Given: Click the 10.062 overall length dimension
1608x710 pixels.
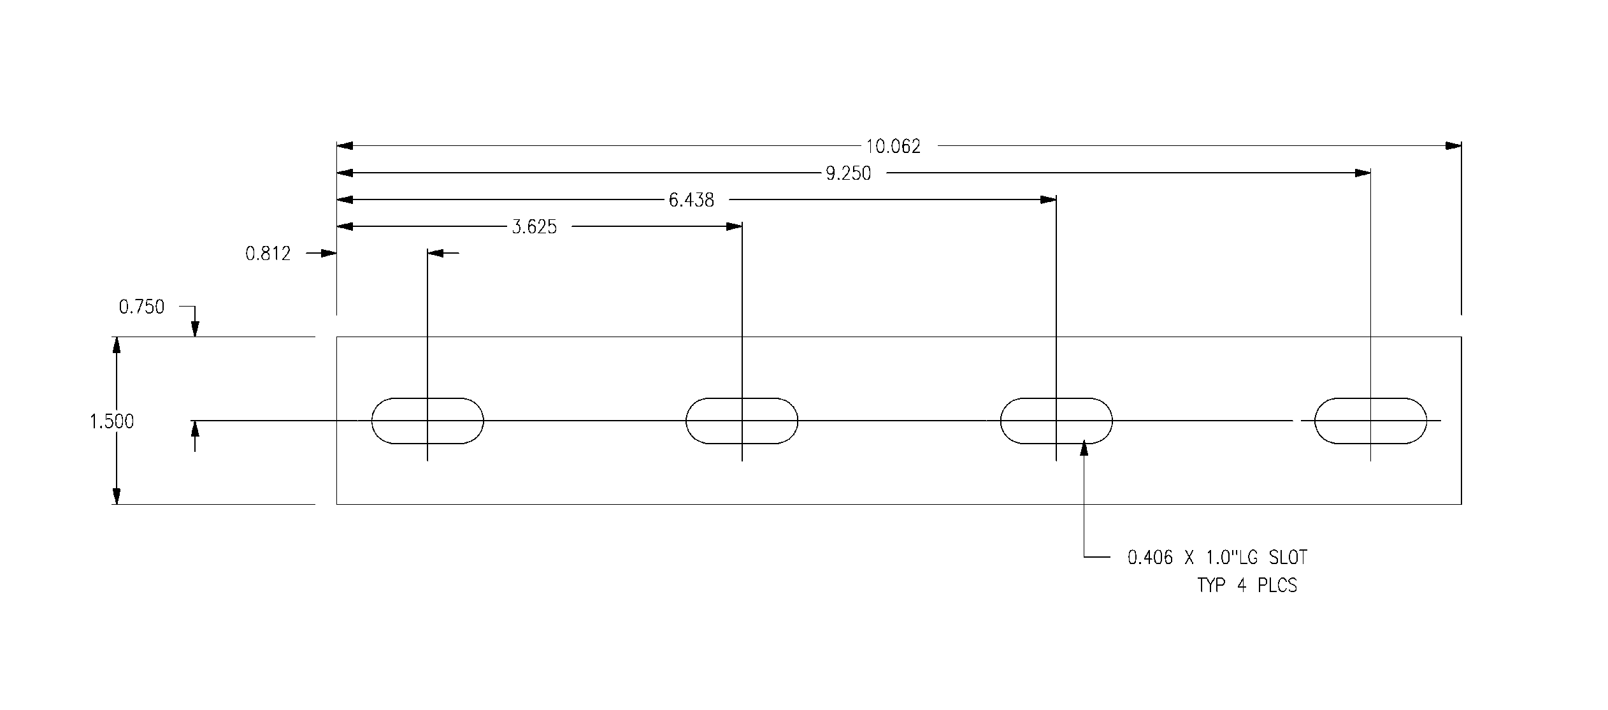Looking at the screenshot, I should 893,147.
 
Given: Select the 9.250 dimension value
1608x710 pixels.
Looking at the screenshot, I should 848,173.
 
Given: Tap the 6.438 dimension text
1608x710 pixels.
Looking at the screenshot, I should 691,200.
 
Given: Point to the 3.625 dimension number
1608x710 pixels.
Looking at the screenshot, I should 534,227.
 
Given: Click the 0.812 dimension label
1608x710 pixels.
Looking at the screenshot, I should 268,254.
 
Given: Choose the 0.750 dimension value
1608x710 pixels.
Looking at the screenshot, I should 141,307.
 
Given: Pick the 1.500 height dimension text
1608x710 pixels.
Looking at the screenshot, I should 111,421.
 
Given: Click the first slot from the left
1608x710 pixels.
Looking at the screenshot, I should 427,421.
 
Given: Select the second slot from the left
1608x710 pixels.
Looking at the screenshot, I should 742,421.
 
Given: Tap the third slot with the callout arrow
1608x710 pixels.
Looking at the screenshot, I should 1056,421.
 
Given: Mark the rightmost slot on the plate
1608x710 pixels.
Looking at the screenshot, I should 1370,421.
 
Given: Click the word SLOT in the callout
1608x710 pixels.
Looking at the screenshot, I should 1288,558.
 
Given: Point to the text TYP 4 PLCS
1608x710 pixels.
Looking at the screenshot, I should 1247,585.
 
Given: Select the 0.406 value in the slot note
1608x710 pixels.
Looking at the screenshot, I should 1150,558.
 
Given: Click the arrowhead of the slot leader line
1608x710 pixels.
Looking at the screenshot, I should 1084,449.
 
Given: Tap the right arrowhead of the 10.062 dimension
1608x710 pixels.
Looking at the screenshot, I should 1453,146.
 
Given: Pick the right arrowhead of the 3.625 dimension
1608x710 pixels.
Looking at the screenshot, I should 734,226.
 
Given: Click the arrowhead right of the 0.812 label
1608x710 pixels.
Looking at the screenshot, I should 329,253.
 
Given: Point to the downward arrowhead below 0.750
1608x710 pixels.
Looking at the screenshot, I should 195,329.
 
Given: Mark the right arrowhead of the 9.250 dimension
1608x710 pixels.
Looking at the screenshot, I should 1362,173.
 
